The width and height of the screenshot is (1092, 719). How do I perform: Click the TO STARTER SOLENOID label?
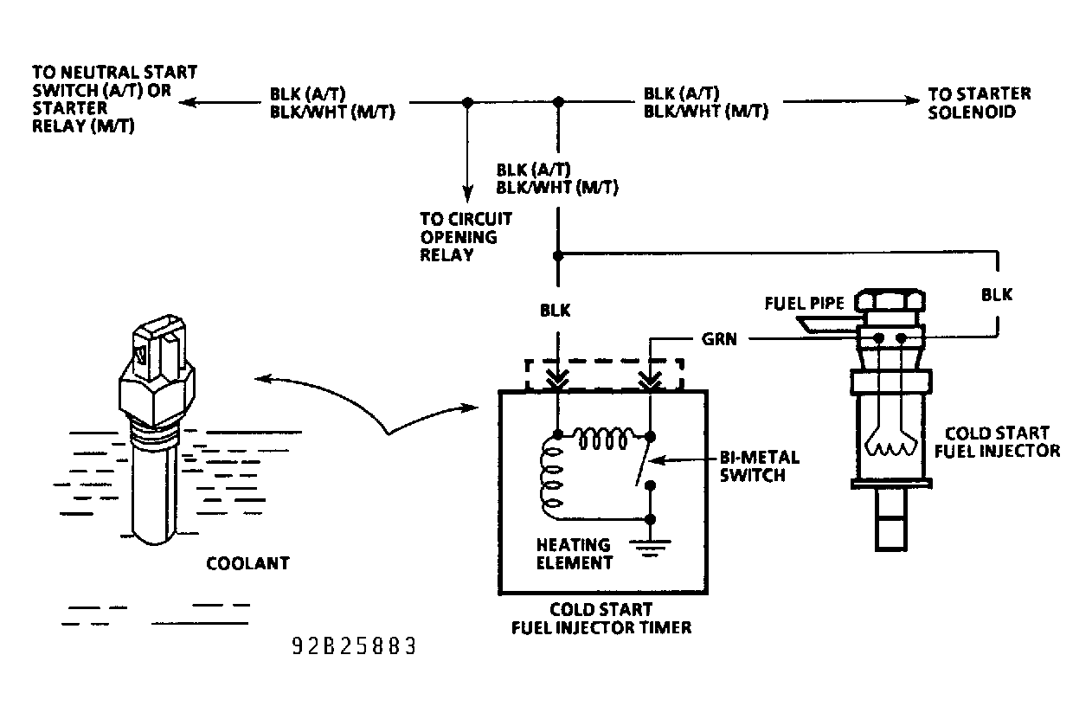click(x=979, y=103)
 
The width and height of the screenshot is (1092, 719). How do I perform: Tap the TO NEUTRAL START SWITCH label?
click(x=113, y=98)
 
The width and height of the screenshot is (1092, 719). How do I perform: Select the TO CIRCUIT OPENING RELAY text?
click(x=466, y=236)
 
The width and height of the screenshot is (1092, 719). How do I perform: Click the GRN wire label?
click(x=720, y=340)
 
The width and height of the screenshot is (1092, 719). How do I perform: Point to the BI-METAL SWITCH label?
click(x=759, y=465)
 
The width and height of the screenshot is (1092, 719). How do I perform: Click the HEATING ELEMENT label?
click(x=573, y=554)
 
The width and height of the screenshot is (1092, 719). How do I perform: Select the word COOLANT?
click(x=247, y=564)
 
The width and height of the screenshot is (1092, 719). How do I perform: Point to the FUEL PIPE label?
click(x=805, y=304)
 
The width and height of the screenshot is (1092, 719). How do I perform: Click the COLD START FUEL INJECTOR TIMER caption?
click(x=601, y=619)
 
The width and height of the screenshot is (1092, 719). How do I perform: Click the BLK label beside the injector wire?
click(x=996, y=294)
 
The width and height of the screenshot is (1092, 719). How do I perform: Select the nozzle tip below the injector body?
click(x=890, y=524)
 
